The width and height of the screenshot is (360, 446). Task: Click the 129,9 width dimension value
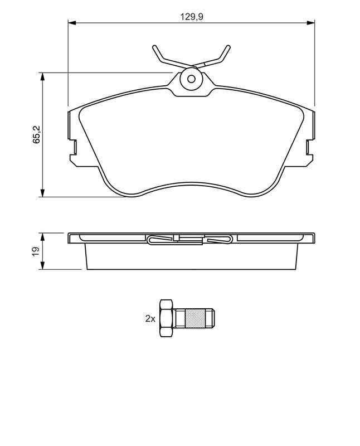pyautogui.click(x=192, y=17)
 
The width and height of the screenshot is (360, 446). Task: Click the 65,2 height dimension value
pyautogui.click(x=37, y=134)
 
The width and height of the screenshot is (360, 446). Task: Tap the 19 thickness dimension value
pyautogui.click(x=36, y=251)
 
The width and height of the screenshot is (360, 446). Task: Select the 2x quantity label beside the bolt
pyautogui.click(x=150, y=318)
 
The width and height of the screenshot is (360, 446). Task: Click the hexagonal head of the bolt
pyautogui.click(x=167, y=318)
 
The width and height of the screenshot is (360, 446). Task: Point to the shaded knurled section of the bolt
pyautogui.click(x=195, y=318)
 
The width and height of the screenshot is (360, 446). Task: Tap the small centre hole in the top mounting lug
pyautogui.click(x=192, y=79)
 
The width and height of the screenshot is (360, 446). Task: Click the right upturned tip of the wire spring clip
pyautogui.click(x=228, y=47)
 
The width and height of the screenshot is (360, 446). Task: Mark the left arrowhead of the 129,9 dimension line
pyautogui.click(x=71, y=22)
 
